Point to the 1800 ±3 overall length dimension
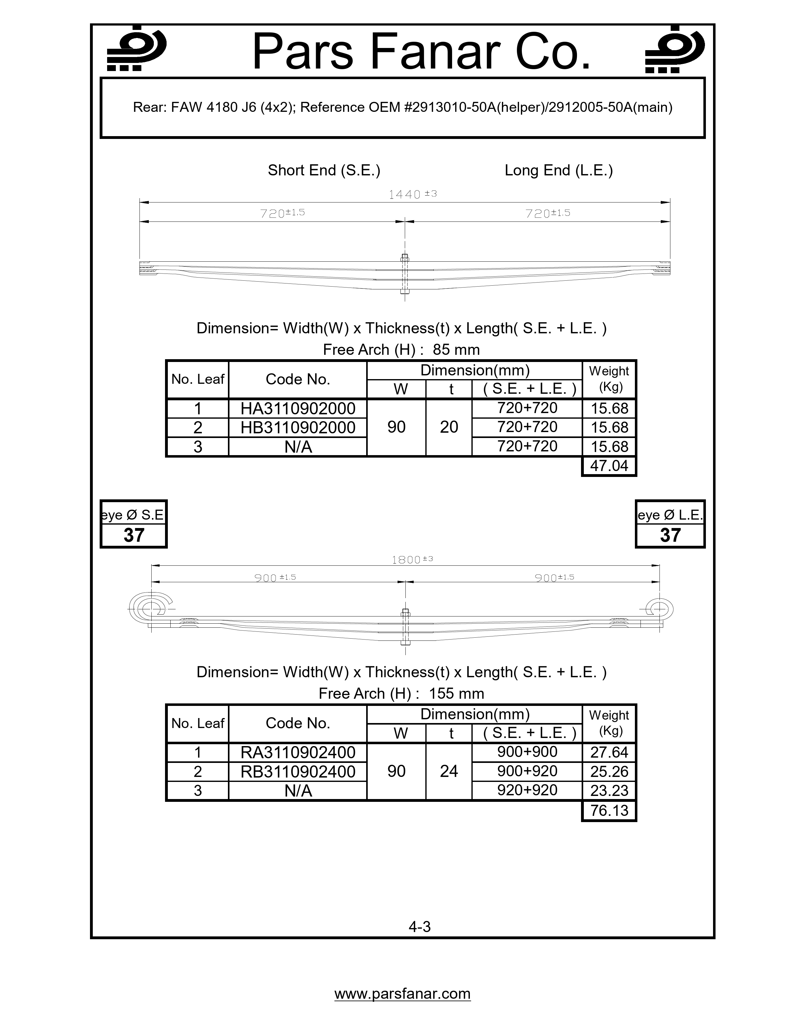point(412,560)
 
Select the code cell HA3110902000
point(298,408)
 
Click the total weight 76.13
point(609,811)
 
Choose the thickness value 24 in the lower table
point(449,771)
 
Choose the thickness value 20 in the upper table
point(449,427)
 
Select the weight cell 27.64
point(609,752)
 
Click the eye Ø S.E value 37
point(134,535)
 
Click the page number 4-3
point(420,927)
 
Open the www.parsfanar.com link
point(402,994)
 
